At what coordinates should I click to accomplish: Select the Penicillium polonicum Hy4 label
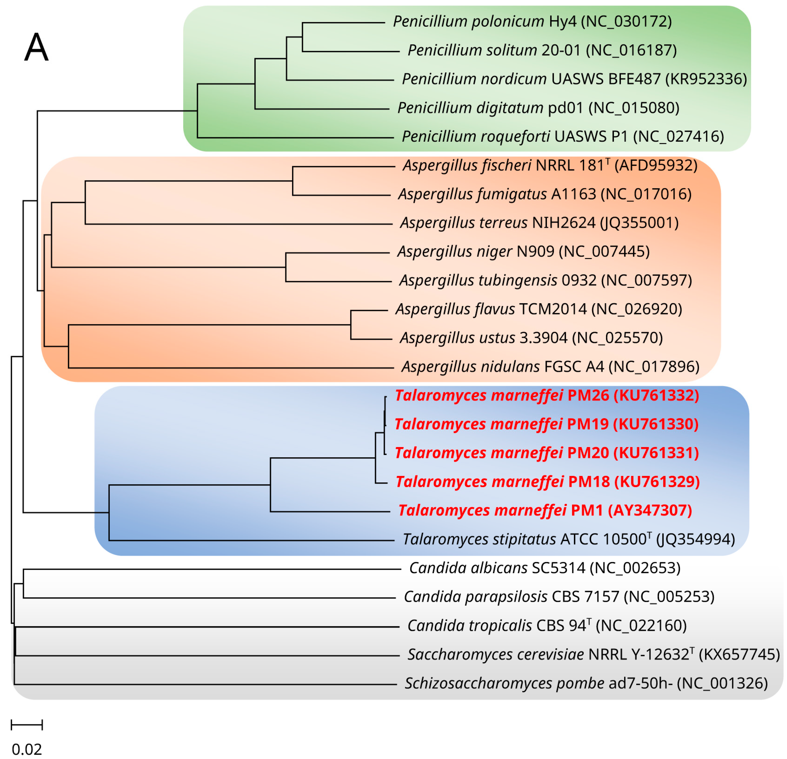point(532,21)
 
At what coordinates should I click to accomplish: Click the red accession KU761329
point(657,482)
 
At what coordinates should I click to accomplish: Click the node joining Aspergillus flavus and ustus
point(351,325)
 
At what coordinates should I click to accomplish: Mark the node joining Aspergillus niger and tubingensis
point(286,267)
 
